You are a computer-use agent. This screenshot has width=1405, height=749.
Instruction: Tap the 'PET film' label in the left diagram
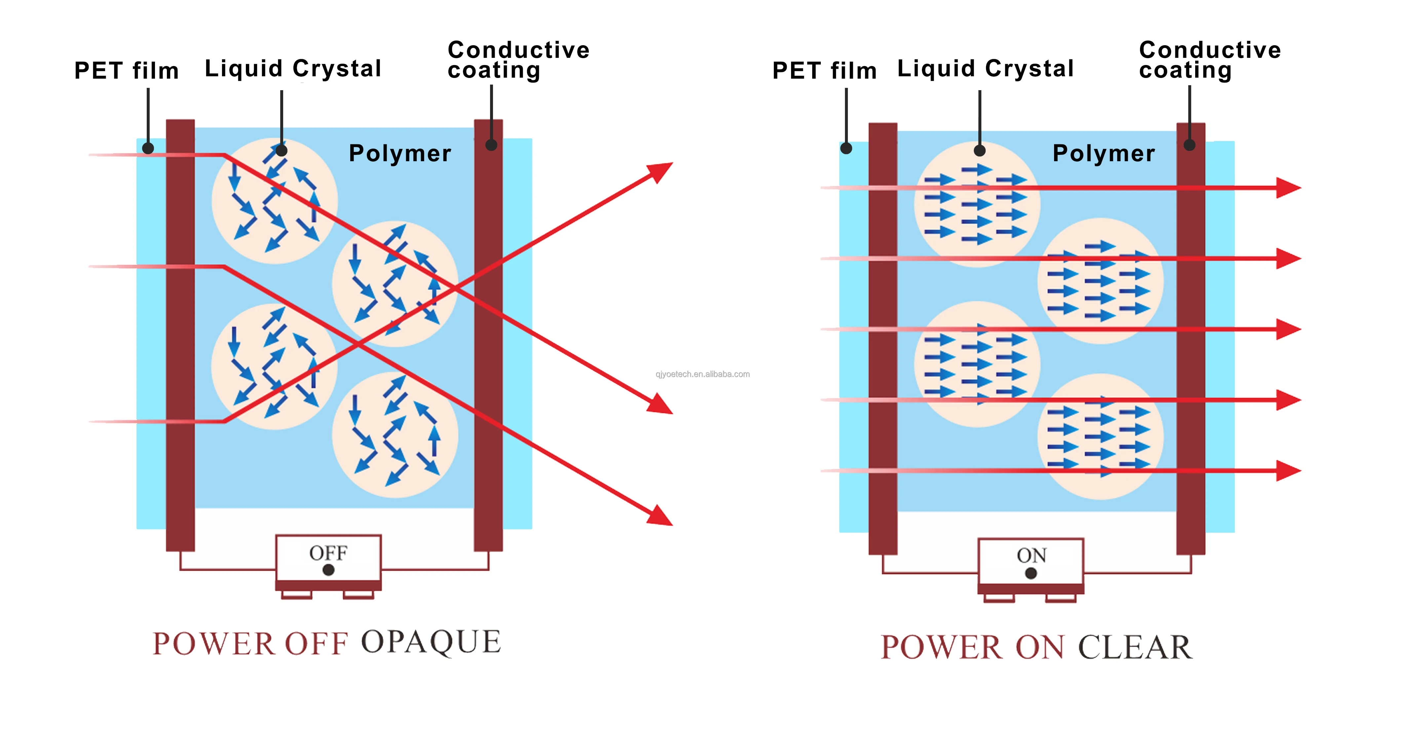coord(127,71)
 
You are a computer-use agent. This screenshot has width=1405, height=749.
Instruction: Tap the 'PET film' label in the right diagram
coord(825,71)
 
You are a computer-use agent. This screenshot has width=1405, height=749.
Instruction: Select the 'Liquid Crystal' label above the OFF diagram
coord(293,69)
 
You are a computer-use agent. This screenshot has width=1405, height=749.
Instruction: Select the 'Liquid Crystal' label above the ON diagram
coord(986,69)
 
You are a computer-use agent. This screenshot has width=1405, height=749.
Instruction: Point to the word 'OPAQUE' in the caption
coord(431,642)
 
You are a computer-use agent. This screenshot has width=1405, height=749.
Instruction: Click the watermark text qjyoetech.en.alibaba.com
coord(702,374)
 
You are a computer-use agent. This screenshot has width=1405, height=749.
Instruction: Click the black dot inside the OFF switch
coord(328,570)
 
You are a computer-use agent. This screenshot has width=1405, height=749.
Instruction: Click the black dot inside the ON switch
coord(1031,573)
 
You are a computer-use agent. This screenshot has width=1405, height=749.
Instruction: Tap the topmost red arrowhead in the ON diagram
coord(1288,188)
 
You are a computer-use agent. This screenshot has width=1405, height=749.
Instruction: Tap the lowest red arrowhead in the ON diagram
coord(1288,471)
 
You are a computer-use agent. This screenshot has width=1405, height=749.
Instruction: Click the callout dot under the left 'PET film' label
coord(148,148)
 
